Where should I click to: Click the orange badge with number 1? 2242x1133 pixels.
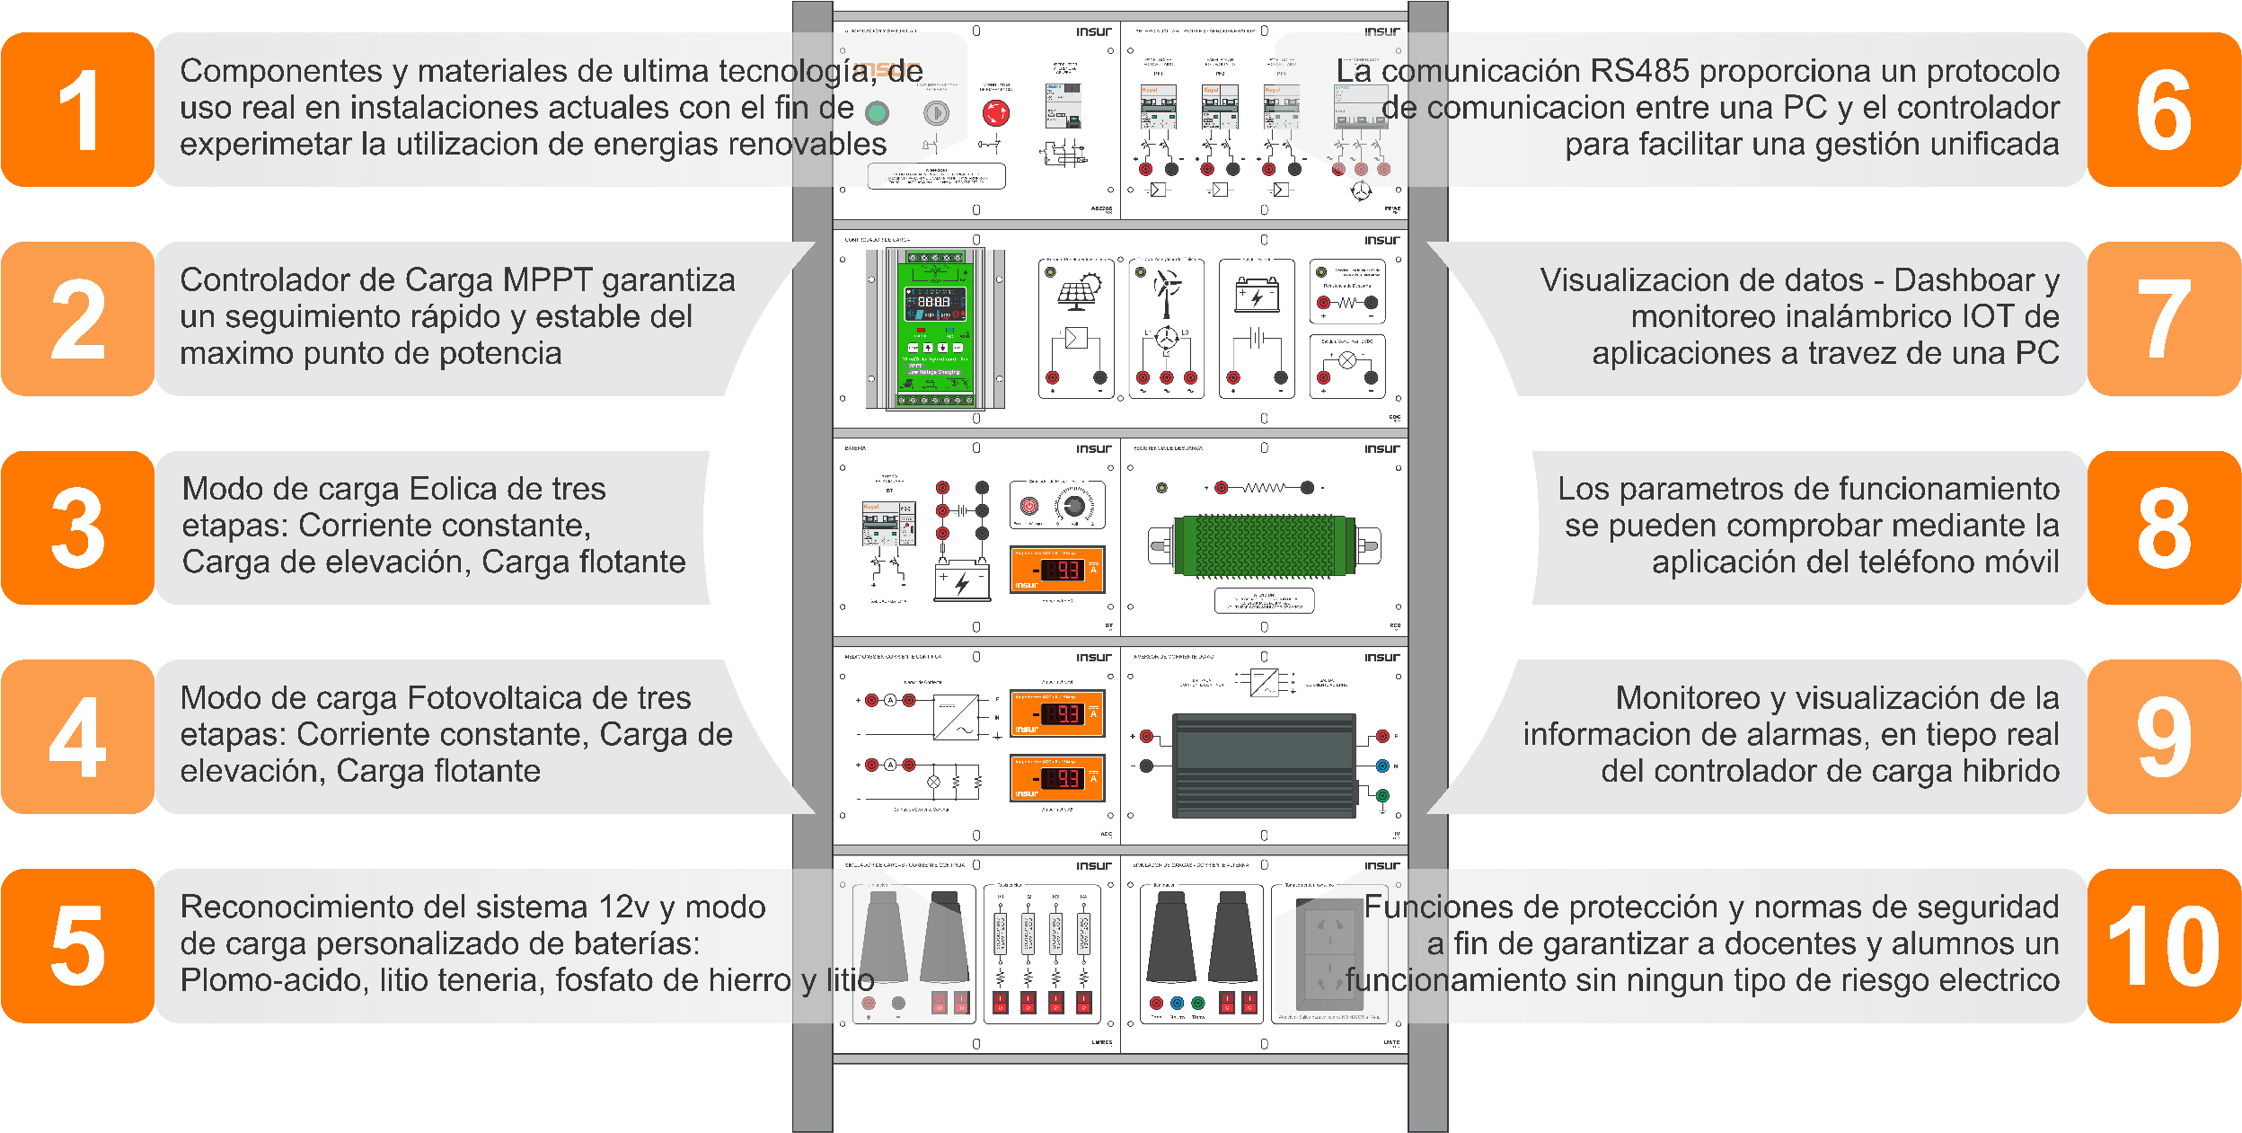[x=78, y=110]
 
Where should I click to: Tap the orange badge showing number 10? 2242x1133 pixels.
[x=2163, y=945]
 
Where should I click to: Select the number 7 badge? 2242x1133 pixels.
[x=2163, y=318]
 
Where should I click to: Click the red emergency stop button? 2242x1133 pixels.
[x=995, y=113]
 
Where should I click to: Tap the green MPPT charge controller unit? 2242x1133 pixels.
[x=935, y=328]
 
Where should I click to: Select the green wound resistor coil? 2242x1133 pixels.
[x=1264, y=545]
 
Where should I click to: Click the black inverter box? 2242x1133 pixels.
[x=1263, y=765]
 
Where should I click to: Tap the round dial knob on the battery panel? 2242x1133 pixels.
[x=1073, y=506]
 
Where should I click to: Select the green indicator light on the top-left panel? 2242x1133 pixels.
[x=877, y=113]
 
